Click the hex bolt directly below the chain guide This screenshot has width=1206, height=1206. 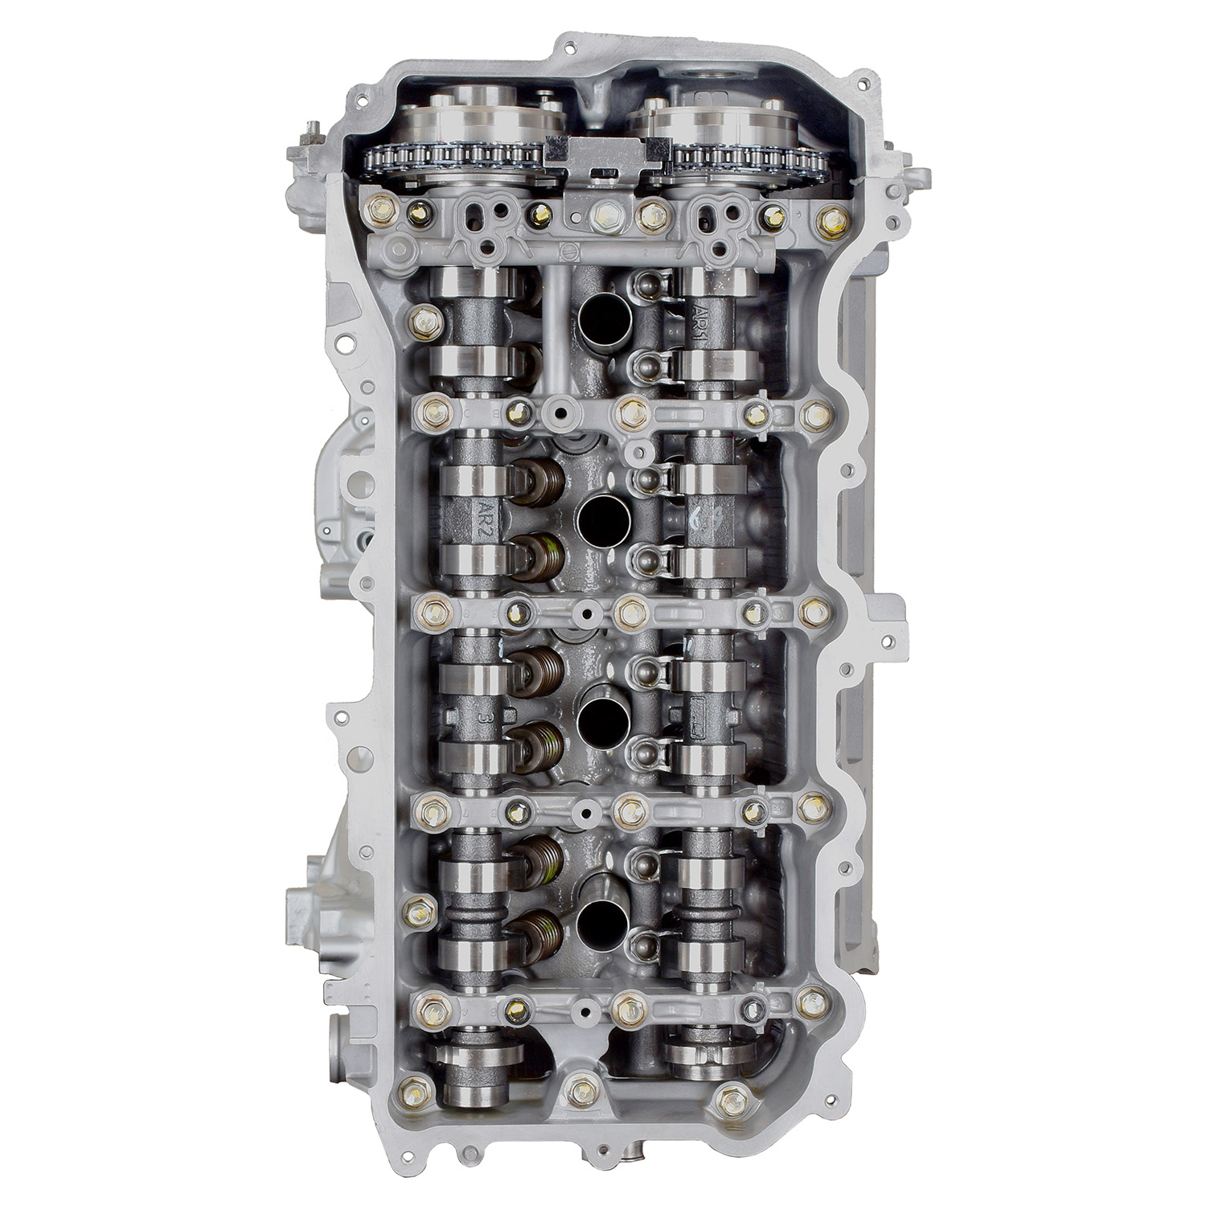602,215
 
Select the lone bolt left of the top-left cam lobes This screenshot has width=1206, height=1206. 421,321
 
